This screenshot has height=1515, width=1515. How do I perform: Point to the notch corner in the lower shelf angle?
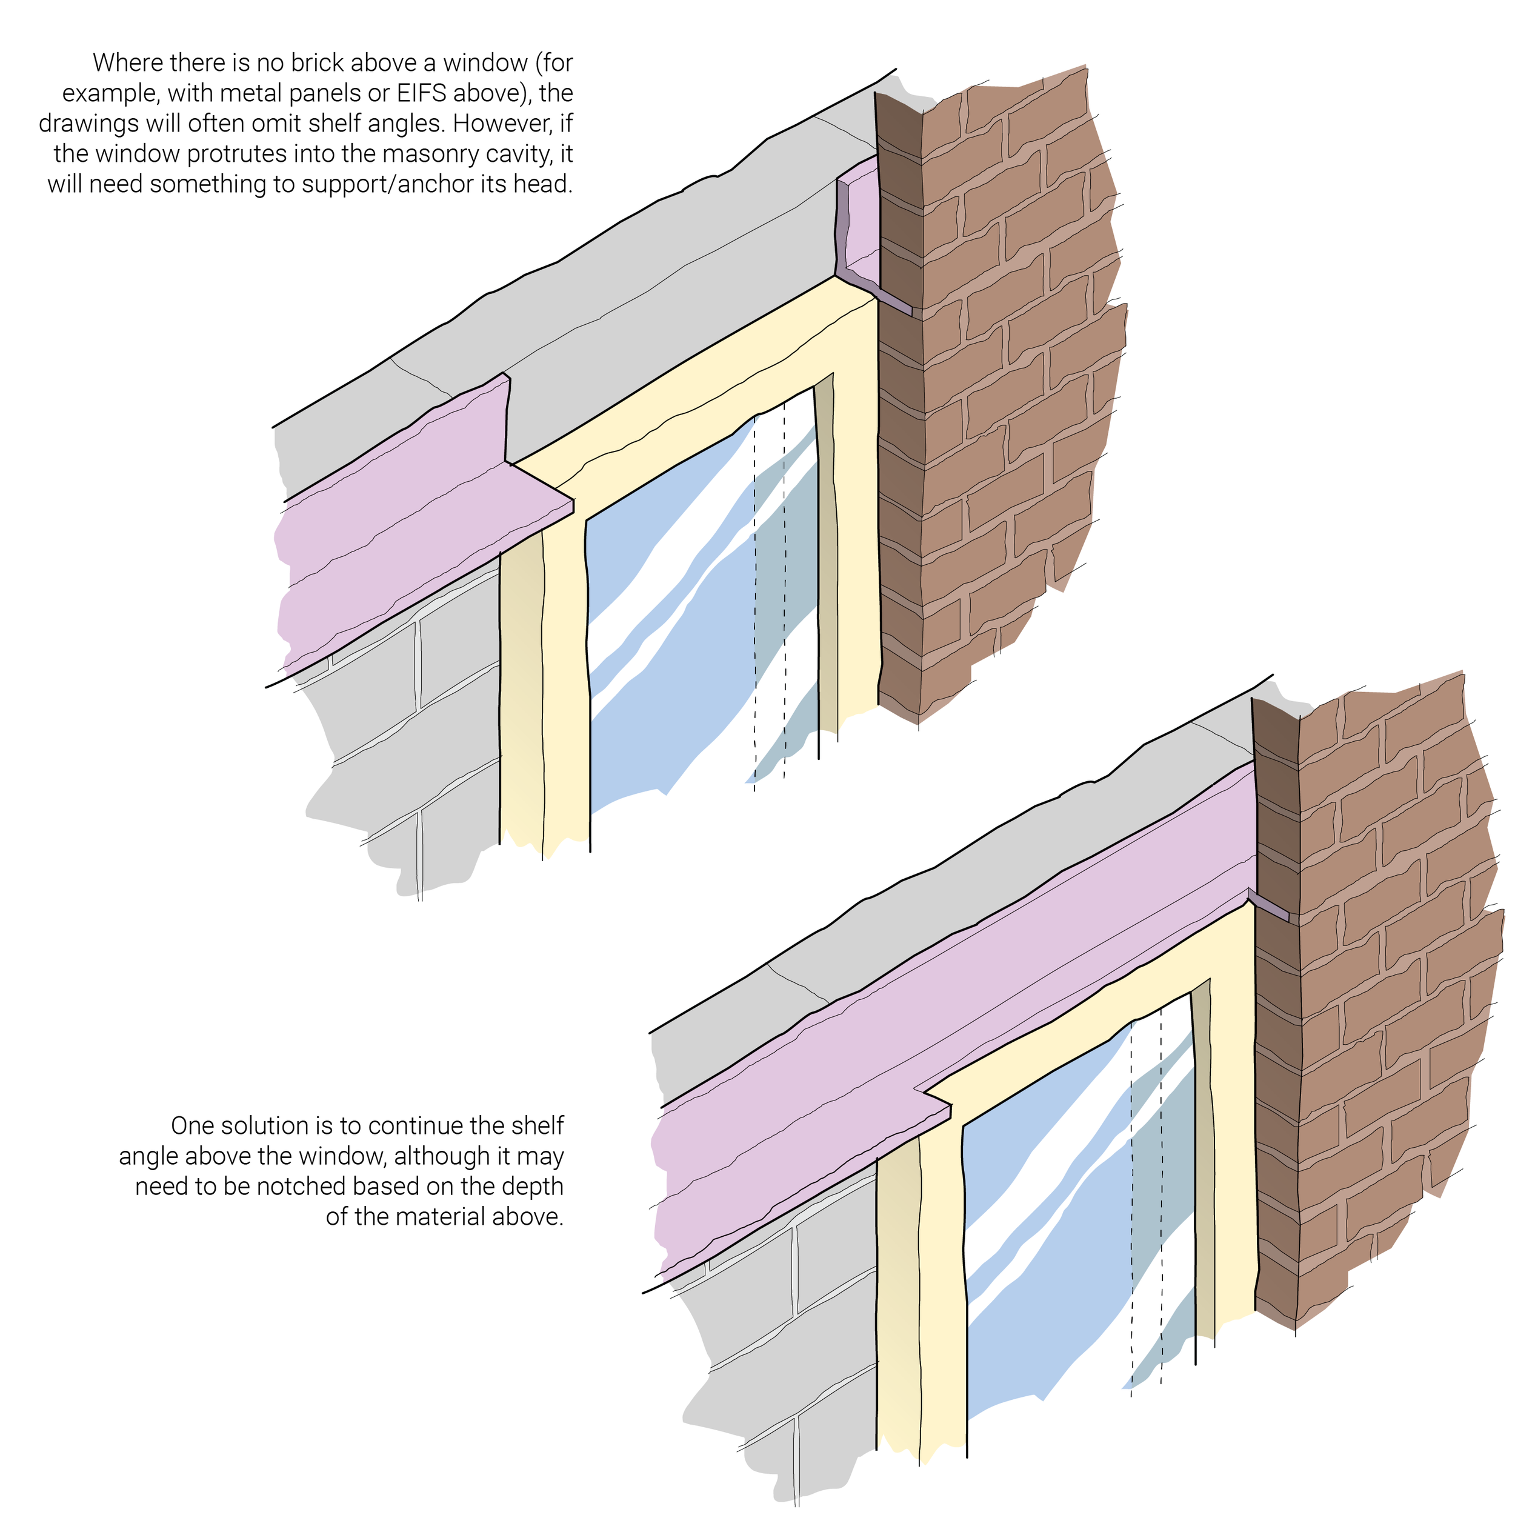click(925, 1090)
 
